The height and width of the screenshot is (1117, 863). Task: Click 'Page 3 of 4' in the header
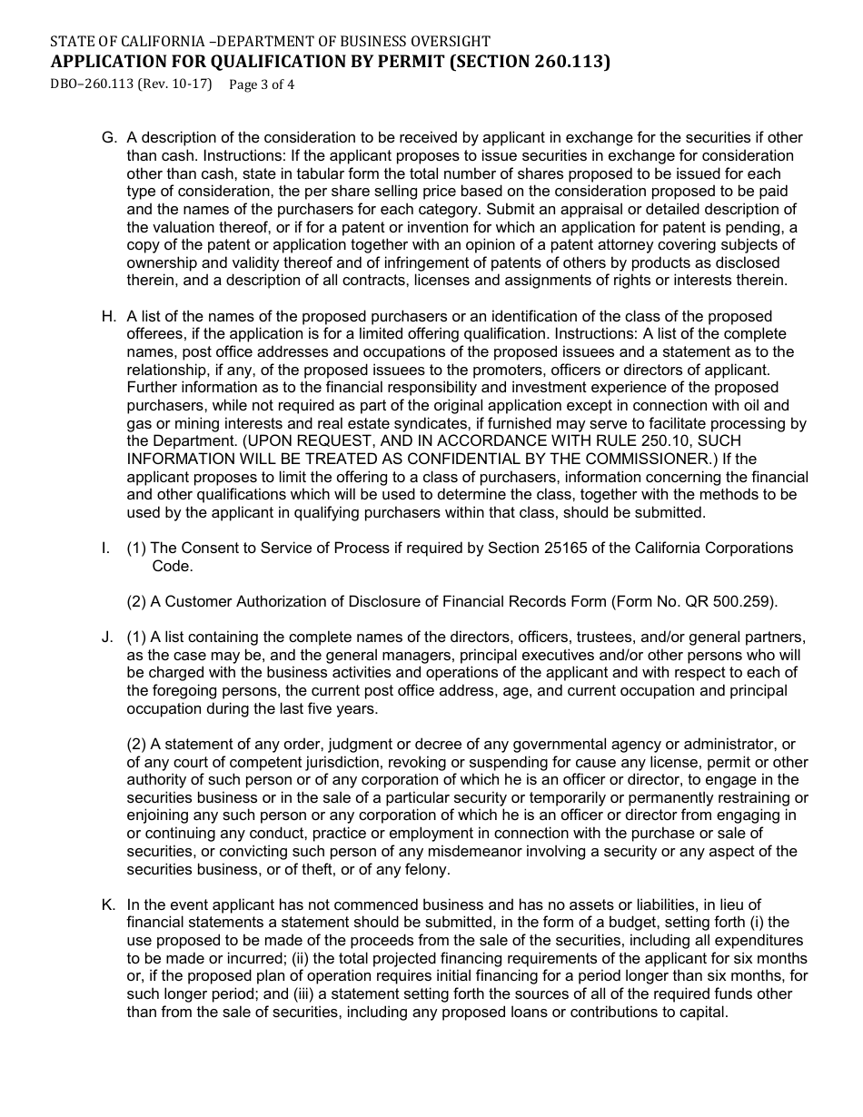(x=263, y=85)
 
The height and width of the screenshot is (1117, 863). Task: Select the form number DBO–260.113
(x=93, y=85)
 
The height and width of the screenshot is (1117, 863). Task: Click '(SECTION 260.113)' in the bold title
(x=530, y=63)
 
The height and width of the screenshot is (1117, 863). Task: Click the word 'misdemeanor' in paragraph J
(x=371, y=852)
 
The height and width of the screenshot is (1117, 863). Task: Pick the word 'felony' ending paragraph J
(x=425, y=870)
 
